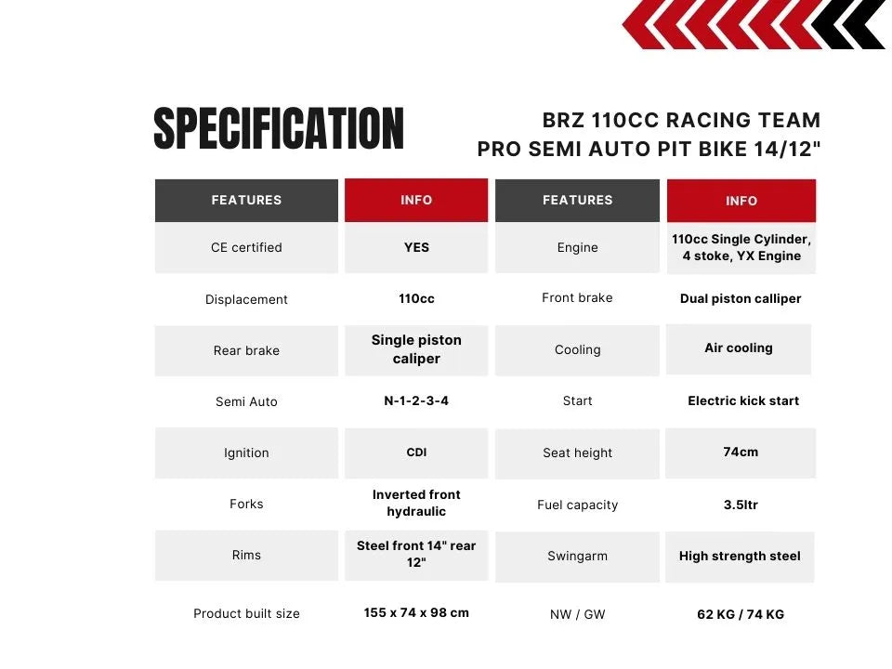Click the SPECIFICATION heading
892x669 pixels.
[x=279, y=128]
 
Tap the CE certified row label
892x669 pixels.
[x=246, y=247]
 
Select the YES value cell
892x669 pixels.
[x=416, y=247]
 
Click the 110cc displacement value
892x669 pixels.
[x=416, y=298]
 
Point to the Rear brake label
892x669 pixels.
[x=246, y=350]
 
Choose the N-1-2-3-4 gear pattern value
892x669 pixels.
[x=416, y=400]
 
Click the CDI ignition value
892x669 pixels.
[x=416, y=453]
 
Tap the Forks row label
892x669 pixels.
[x=246, y=504]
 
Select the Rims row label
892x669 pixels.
[x=246, y=555]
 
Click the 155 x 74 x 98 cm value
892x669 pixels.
[x=416, y=612]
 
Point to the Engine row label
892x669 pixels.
[x=577, y=247]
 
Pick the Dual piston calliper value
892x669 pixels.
[x=741, y=298]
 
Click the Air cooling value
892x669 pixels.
[x=739, y=348]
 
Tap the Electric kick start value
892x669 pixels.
[x=743, y=400]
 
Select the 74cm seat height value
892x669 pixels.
[x=741, y=452]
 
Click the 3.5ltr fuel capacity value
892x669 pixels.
[x=741, y=505]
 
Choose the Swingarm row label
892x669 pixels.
[x=577, y=556]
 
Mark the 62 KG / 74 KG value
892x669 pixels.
[x=741, y=614]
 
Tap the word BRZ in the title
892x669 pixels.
[x=563, y=121]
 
